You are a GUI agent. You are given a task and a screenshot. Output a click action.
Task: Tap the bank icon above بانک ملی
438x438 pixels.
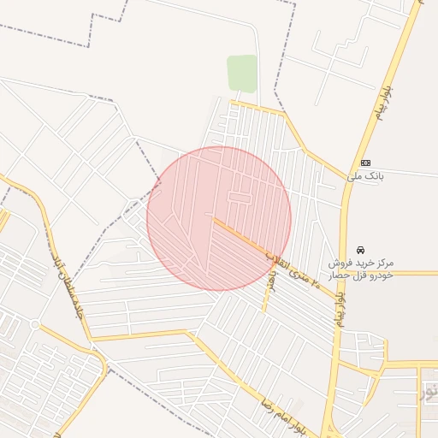[365, 163]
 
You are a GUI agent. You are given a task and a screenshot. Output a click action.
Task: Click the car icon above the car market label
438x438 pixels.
[359, 250]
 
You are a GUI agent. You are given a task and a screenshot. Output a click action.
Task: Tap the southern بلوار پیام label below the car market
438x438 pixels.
[340, 308]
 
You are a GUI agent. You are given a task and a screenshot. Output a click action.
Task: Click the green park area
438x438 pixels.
[242, 73]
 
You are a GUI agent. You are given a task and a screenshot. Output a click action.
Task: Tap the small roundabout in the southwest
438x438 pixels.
[33, 325]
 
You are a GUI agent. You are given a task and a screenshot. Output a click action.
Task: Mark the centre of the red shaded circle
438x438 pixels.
[219, 218]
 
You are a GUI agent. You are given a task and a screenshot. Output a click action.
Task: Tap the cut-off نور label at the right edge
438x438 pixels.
[429, 393]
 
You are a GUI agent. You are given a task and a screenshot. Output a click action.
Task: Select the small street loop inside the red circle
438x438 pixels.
[240, 198]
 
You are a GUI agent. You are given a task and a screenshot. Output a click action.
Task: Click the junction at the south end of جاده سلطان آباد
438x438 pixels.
[92, 340]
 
